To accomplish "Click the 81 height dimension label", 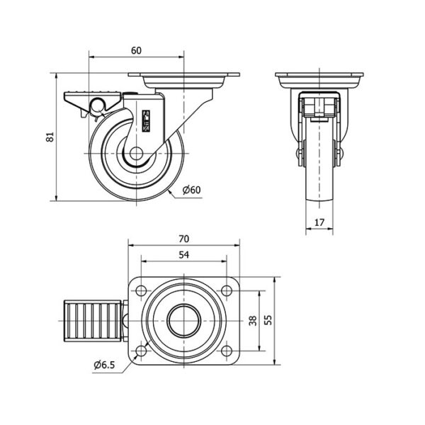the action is click(50, 137).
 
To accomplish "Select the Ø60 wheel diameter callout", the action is click(192, 190).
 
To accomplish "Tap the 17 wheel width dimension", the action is click(319, 222).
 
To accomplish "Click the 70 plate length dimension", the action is click(183, 239).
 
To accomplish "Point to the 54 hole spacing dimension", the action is click(183, 255).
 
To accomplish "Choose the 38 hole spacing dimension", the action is click(253, 321).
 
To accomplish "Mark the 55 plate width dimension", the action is click(268, 321).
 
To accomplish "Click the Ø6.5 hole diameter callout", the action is click(104, 365).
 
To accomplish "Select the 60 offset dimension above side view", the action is click(136, 50).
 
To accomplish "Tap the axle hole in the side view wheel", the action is click(136, 154).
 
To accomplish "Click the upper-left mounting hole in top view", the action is click(141, 291).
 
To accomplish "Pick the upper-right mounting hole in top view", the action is click(227, 291).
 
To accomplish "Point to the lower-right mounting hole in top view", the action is click(227, 351).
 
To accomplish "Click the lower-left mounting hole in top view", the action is click(141, 351).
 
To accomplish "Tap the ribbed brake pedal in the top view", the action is click(92, 321).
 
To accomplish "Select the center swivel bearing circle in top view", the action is click(184, 321).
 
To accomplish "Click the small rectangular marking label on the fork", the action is click(147, 121).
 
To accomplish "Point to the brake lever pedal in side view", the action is click(92, 101).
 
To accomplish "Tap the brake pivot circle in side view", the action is click(98, 105).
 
